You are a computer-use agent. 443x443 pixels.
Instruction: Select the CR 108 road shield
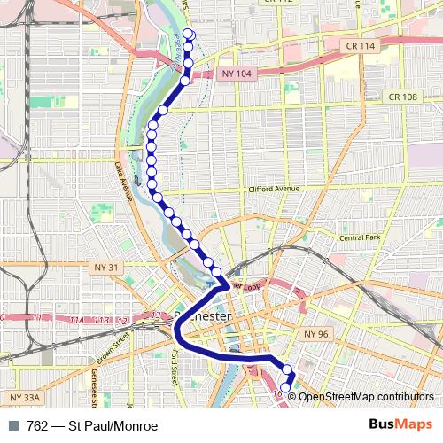click(x=402, y=97)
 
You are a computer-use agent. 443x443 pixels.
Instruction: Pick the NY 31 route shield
click(x=106, y=266)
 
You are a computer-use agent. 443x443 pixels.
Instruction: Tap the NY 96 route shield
click(x=314, y=333)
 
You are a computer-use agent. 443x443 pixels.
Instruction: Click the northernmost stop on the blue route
click(x=188, y=34)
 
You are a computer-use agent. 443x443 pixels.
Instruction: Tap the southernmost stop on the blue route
click(x=285, y=387)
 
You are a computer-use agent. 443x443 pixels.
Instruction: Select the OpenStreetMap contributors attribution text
click(x=366, y=396)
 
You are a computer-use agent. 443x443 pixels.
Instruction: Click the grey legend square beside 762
click(x=12, y=426)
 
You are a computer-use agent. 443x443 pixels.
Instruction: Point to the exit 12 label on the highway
click(x=122, y=319)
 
